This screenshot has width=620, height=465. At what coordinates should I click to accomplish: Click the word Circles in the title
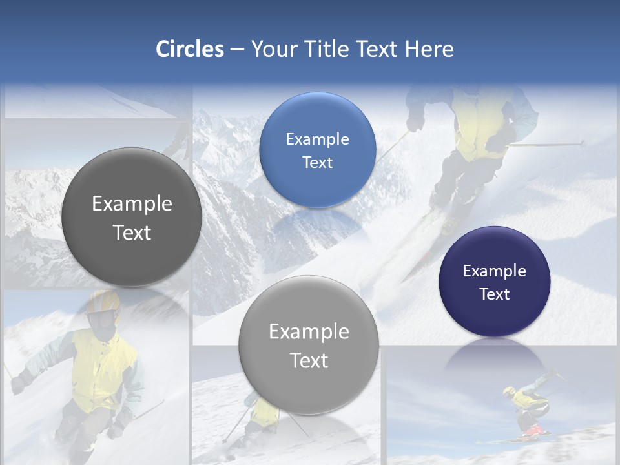click(x=189, y=49)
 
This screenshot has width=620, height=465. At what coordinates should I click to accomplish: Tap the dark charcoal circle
click(x=132, y=217)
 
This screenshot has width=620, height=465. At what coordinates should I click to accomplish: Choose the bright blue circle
click(x=317, y=150)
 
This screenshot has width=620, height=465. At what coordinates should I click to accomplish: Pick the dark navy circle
click(x=494, y=282)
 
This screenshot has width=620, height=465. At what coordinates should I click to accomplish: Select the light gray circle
click(x=309, y=345)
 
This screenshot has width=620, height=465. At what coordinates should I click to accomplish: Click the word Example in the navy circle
click(x=494, y=271)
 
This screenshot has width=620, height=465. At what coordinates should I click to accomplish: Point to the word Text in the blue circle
click(x=317, y=162)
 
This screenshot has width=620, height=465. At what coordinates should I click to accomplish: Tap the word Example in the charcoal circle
click(x=132, y=204)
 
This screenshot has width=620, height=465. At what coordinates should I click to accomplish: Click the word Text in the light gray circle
click(x=309, y=360)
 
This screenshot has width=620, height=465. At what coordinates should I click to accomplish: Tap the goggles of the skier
click(x=103, y=319)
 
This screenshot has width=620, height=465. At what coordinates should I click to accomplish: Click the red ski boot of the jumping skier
click(x=531, y=429)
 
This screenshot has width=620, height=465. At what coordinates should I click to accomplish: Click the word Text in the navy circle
click(x=494, y=294)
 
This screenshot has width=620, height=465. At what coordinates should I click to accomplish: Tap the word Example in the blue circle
click(x=317, y=139)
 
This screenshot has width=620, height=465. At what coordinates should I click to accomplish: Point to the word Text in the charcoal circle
click(x=132, y=232)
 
